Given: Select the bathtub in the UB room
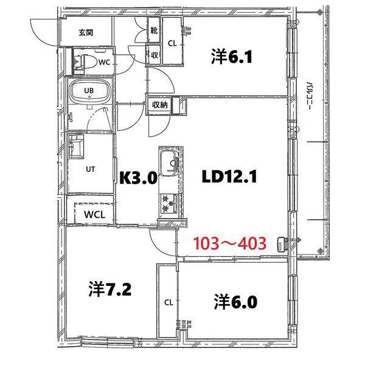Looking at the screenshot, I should tap(89, 93).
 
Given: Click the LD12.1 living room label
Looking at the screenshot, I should tap(231, 177).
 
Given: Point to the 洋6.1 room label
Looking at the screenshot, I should tap(231, 57).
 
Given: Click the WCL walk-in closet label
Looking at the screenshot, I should tap(94, 215).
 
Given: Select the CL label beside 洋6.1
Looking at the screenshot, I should tap(172, 43).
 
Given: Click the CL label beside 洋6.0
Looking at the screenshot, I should tap(168, 302).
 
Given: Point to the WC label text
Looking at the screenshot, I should tap(103, 61).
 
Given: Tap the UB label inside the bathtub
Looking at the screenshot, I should tap(89, 92).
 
